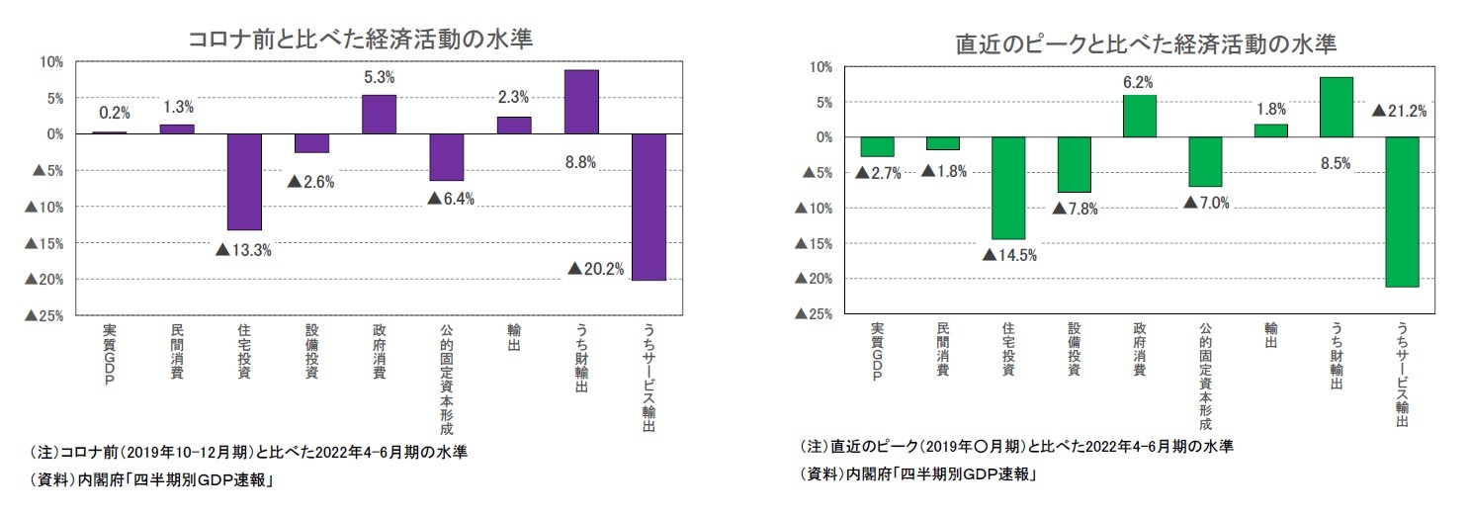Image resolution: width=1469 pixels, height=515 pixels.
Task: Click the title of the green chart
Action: pos(1145,43)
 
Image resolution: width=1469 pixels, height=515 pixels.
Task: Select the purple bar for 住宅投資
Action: pos(244,181)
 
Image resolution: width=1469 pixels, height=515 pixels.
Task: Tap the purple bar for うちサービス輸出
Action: pos(648,207)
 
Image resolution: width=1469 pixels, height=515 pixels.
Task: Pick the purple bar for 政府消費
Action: pos(379,114)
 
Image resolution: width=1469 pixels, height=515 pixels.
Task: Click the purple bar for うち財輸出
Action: pos(581,102)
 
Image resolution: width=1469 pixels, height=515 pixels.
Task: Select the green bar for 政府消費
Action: pos(1139,116)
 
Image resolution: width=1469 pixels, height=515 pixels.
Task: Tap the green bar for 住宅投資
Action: pos(1008,188)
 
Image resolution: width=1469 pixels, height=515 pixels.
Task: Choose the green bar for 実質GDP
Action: pos(877,146)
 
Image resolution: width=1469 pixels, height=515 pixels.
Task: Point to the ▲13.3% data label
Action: pos(243,249)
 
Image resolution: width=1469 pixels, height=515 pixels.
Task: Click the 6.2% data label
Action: pos(1138,82)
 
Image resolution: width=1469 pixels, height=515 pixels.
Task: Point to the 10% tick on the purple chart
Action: pos(50,61)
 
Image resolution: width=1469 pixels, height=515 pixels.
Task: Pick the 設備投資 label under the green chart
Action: pos(1074,349)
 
